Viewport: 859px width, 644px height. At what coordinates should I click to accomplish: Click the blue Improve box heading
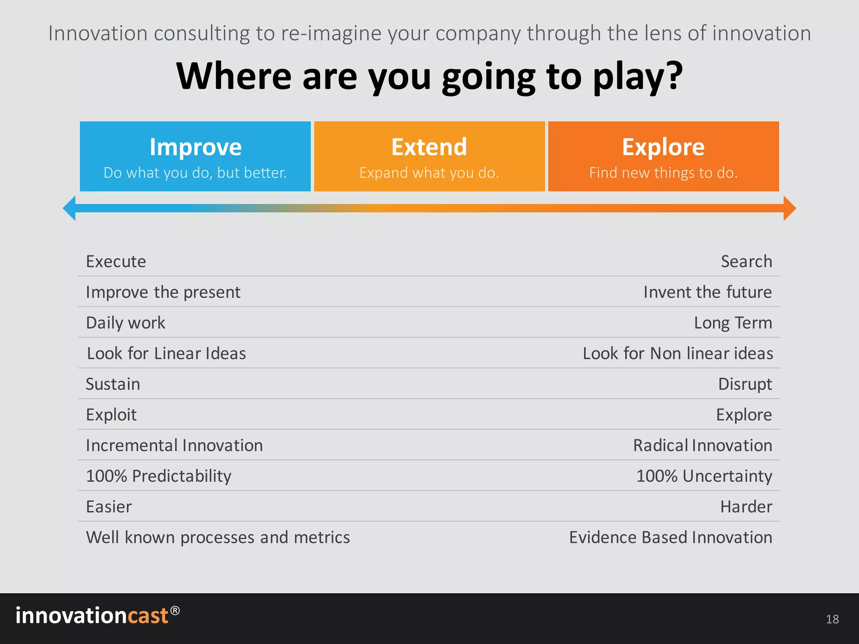[195, 147]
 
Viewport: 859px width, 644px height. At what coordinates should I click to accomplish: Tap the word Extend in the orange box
[429, 147]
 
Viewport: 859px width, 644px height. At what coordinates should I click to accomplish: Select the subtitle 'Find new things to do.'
[663, 173]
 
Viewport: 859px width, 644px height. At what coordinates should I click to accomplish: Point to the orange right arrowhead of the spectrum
[789, 208]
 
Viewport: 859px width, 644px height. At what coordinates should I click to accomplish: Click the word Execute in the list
[116, 262]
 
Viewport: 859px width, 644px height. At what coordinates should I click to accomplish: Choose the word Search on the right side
[746, 262]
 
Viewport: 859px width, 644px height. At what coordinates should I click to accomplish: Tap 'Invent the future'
[708, 292]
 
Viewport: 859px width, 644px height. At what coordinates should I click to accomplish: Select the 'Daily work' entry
[125, 323]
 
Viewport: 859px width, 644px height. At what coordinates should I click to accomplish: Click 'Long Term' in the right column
[733, 323]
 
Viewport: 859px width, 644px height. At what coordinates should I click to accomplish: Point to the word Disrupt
[745, 384]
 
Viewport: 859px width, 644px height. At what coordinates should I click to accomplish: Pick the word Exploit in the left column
[111, 415]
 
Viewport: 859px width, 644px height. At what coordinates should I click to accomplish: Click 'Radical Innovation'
[703, 445]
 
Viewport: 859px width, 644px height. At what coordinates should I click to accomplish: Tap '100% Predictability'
[159, 476]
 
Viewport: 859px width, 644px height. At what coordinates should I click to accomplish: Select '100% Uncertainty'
[704, 476]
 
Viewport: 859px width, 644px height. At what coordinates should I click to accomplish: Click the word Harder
[746, 506]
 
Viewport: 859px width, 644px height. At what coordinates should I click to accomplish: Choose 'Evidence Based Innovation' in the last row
[670, 538]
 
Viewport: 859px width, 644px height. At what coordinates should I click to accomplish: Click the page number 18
[832, 619]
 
